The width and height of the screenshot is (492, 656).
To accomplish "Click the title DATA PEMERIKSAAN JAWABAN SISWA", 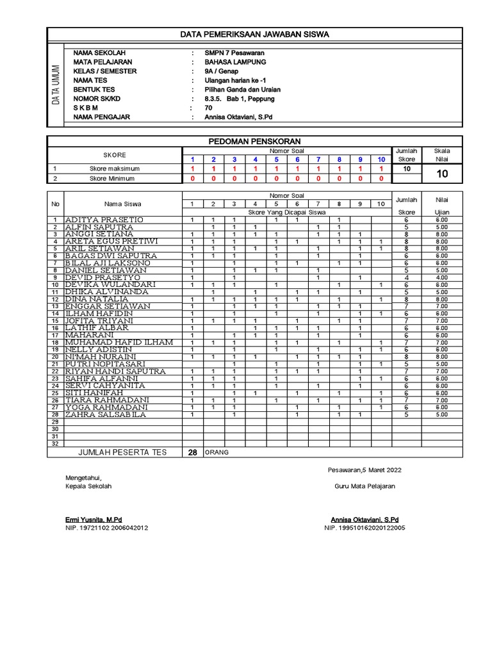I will [x=254, y=35].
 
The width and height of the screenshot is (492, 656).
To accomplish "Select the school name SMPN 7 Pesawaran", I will [x=234, y=53].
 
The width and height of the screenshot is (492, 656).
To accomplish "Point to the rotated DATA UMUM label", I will [x=56, y=85].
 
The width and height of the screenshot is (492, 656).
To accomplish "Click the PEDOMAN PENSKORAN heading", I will [x=254, y=141].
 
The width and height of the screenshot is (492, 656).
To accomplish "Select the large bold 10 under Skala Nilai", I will [x=442, y=173].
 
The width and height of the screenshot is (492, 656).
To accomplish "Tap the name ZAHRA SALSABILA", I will [x=106, y=414].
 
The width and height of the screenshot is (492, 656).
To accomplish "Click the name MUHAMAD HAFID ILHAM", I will [x=119, y=342].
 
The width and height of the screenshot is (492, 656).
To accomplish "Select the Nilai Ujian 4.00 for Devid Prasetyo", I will [x=442, y=277].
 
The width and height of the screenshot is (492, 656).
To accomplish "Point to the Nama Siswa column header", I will [x=123, y=204].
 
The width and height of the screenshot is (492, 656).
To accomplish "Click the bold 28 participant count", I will [x=192, y=452].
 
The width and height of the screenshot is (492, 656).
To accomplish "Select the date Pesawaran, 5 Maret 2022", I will [x=365, y=470].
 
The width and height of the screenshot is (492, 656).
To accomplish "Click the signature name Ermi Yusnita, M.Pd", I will [x=94, y=519].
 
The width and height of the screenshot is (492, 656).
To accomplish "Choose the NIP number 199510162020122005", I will [x=365, y=528].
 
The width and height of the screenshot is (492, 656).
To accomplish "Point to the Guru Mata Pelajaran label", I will [x=365, y=486].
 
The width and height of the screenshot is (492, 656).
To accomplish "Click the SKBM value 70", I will [x=208, y=108].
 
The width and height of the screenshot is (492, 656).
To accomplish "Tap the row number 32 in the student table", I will [x=54, y=443].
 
